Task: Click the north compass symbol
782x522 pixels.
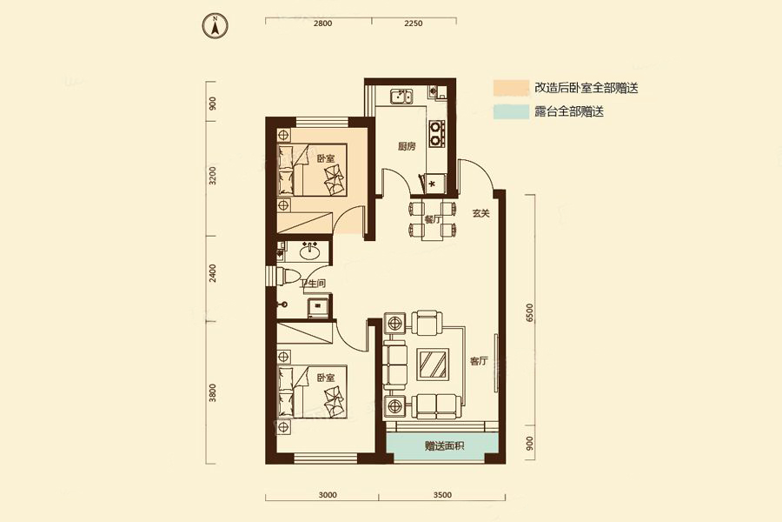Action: [x=214, y=25]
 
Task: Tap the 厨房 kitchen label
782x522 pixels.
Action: [x=407, y=147]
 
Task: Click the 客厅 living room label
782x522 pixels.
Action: [x=480, y=361]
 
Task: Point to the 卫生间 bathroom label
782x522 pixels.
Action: [x=313, y=284]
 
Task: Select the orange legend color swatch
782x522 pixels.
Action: [x=511, y=88]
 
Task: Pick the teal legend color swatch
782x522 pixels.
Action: [x=511, y=112]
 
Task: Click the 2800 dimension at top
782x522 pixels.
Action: [x=322, y=23]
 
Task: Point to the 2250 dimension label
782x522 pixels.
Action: [x=413, y=23]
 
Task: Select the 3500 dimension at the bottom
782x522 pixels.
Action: [x=441, y=496]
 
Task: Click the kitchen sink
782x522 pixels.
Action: [x=401, y=96]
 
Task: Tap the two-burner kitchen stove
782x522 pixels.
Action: [x=437, y=131]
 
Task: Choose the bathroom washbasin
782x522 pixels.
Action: [x=308, y=253]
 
